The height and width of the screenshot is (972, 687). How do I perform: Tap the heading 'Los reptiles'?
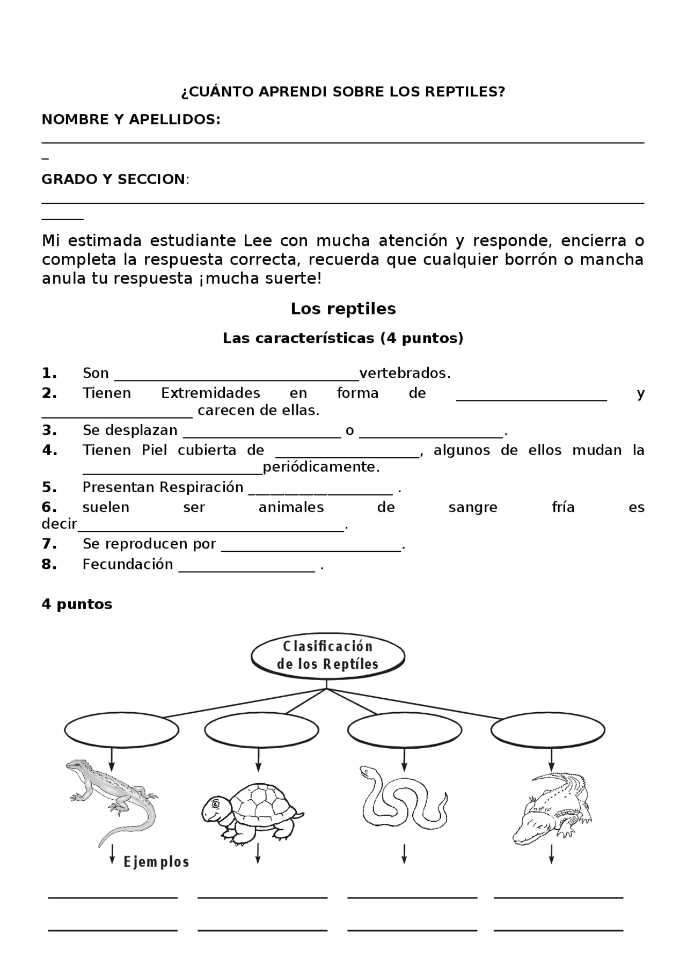[x=343, y=309]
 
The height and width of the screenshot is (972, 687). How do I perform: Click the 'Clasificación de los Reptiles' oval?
[x=327, y=655]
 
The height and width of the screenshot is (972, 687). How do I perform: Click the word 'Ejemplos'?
[x=156, y=863]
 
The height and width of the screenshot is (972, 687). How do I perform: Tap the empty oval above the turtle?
[x=261, y=730]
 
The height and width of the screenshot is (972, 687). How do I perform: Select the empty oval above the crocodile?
[x=547, y=730]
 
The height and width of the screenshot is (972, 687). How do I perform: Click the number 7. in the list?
[x=49, y=544]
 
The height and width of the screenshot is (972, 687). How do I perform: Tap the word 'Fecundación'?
[x=128, y=564]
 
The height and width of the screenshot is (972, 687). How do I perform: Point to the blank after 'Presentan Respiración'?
[x=320, y=489]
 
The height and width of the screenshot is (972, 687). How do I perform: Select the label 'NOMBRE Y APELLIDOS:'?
[x=131, y=119]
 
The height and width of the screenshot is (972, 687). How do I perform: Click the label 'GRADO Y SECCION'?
[x=113, y=179]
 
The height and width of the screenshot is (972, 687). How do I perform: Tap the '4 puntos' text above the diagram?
[x=77, y=604]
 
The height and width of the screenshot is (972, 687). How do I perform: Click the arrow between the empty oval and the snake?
[x=404, y=759]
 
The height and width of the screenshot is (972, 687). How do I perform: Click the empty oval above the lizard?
[x=121, y=730]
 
